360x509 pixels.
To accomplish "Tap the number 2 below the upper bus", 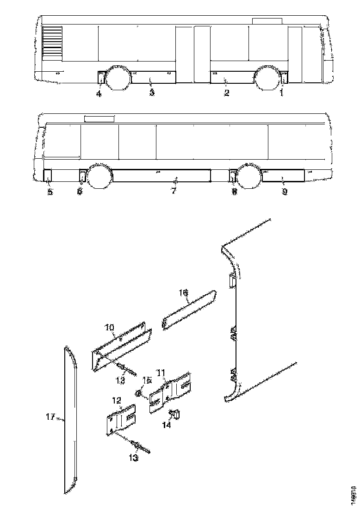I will pyautogui.click(x=226, y=93).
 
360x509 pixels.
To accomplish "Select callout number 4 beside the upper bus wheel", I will pyautogui.click(x=99, y=94).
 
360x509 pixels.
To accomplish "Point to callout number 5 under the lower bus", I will pyautogui.click(x=50, y=192).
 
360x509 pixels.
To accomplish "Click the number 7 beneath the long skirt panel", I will pyautogui.click(x=174, y=191).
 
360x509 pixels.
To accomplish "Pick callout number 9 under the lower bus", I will pyautogui.click(x=285, y=192).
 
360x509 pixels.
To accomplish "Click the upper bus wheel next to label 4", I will pyautogui.click(x=118, y=78).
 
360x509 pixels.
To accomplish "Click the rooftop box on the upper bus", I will pyautogui.click(x=267, y=21).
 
